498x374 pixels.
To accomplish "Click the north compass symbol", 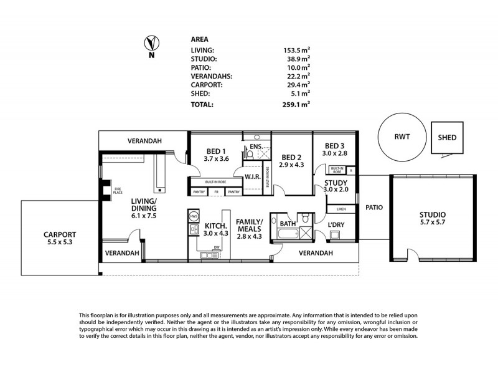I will [150, 43].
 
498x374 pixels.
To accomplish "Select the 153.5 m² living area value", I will [297, 49].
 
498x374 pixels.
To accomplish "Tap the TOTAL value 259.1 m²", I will [297, 105].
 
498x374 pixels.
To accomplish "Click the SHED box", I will [447, 138].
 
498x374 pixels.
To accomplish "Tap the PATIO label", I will [374, 208].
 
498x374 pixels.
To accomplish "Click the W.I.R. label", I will [253, 176].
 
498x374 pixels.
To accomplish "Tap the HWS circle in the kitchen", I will [193, 217].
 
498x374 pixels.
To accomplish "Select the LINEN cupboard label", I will [341, 209].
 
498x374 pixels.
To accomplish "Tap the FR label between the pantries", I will [217, 192].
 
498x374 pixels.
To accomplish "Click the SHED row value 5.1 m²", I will [299, 95].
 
